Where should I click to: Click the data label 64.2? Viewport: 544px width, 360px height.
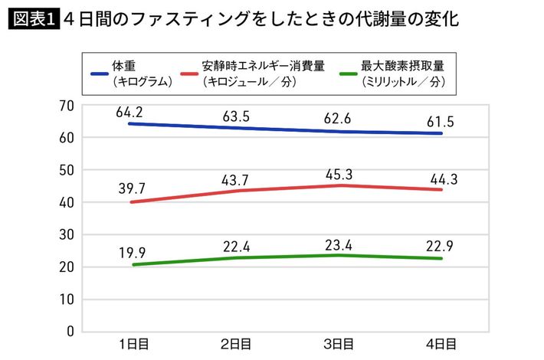point(129,113)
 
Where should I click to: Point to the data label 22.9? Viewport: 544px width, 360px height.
point(441,244)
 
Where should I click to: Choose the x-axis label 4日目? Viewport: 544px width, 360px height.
point(441,343)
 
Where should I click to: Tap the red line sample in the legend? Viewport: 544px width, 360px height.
point(193,74)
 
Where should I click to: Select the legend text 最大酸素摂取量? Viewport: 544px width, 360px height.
point(401,67)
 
